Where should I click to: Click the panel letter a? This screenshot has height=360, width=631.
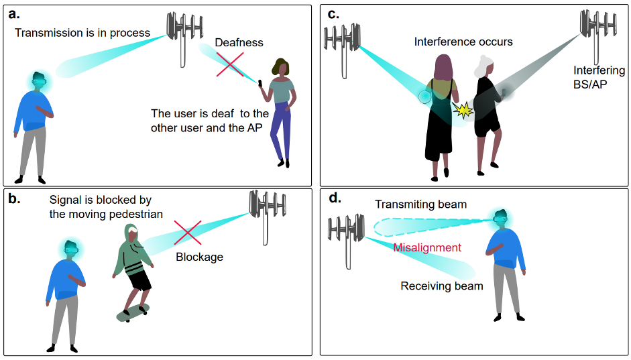pos(13,13)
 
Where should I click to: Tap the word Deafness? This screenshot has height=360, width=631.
pos(239,42)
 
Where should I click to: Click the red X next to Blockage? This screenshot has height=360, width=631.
pos(188,233)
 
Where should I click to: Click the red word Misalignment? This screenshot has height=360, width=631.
pos(427,247)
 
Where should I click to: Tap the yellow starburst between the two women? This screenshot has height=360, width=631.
pos(463,109)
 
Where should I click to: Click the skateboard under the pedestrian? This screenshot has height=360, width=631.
pos(133,312)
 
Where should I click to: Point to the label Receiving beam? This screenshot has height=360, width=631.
pos(442,286)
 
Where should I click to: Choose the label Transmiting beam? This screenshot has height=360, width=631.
pos(420,204)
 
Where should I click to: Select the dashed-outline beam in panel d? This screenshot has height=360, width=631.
pos(429,226)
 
